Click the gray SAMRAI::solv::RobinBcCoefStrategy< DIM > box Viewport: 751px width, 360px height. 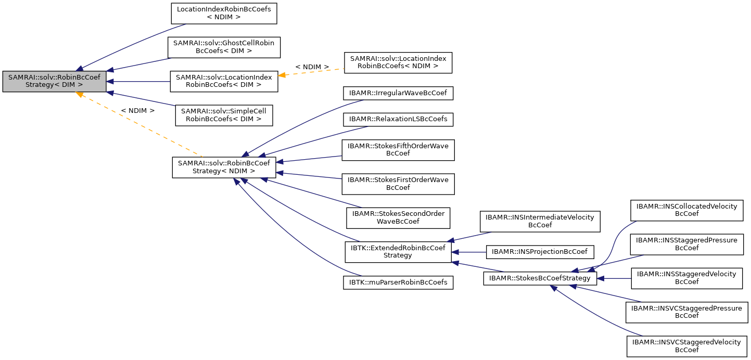54,82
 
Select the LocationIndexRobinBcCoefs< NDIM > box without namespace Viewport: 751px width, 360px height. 224,14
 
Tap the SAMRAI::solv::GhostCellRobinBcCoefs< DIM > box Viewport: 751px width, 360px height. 224,47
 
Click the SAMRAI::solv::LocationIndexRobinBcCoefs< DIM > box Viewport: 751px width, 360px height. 224,82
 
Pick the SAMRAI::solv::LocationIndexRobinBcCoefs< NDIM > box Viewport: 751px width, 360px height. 398,62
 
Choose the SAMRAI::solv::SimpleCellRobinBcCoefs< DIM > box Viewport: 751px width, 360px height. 224,115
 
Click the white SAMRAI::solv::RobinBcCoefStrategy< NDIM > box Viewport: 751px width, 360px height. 224,167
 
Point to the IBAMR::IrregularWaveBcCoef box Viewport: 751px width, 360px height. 398,93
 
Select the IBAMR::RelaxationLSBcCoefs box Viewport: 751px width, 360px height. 398,119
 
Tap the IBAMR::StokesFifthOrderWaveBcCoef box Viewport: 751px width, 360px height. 398,150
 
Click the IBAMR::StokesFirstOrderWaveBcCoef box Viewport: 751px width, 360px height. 398,184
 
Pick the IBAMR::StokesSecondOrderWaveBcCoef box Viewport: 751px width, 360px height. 398,217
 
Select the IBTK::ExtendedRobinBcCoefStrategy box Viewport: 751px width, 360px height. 398,251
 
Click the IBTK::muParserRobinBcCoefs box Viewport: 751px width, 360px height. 398,282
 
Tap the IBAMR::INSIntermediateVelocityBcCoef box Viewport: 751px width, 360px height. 540,221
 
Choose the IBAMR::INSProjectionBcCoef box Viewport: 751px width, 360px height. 540,252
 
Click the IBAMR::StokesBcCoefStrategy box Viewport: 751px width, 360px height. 540,278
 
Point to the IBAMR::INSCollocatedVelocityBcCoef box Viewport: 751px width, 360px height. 686,210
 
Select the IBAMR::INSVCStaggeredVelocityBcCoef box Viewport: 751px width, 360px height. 686,346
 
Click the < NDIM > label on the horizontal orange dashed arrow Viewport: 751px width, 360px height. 312,67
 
